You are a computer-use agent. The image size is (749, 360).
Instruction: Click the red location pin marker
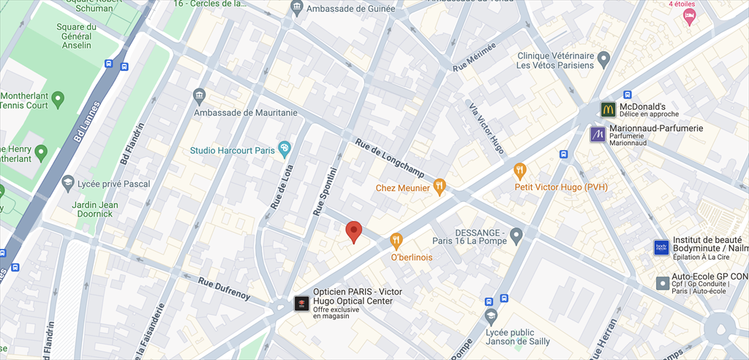[x=354, y=231]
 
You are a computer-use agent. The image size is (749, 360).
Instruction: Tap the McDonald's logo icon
[x=608, y=110]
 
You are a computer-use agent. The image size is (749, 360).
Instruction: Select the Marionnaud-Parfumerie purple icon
[x=598, y=134]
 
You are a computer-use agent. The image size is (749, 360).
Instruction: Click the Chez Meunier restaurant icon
[x=439, y=187]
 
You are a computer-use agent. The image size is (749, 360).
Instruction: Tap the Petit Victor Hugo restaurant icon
[x=520, y=171]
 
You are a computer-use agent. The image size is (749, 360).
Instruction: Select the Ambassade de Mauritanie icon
[x=199, y=97]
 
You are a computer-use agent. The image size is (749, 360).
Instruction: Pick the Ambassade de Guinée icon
[x=296, y=9]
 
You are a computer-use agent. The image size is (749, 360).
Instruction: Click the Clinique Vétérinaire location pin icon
[x=603, y=59]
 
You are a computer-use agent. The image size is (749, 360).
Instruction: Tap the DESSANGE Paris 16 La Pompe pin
[x=516, y=236]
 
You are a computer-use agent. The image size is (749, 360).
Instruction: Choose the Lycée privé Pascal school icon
[x=68, y=183]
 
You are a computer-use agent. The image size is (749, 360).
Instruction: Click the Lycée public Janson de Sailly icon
[x=492, y=316]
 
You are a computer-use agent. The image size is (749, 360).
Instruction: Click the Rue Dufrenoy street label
[x=225, y=288]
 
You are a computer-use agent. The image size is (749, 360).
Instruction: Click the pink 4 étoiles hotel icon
[x=689, y=15]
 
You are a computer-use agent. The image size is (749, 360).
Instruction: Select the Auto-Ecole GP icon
[x=662, y=282]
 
